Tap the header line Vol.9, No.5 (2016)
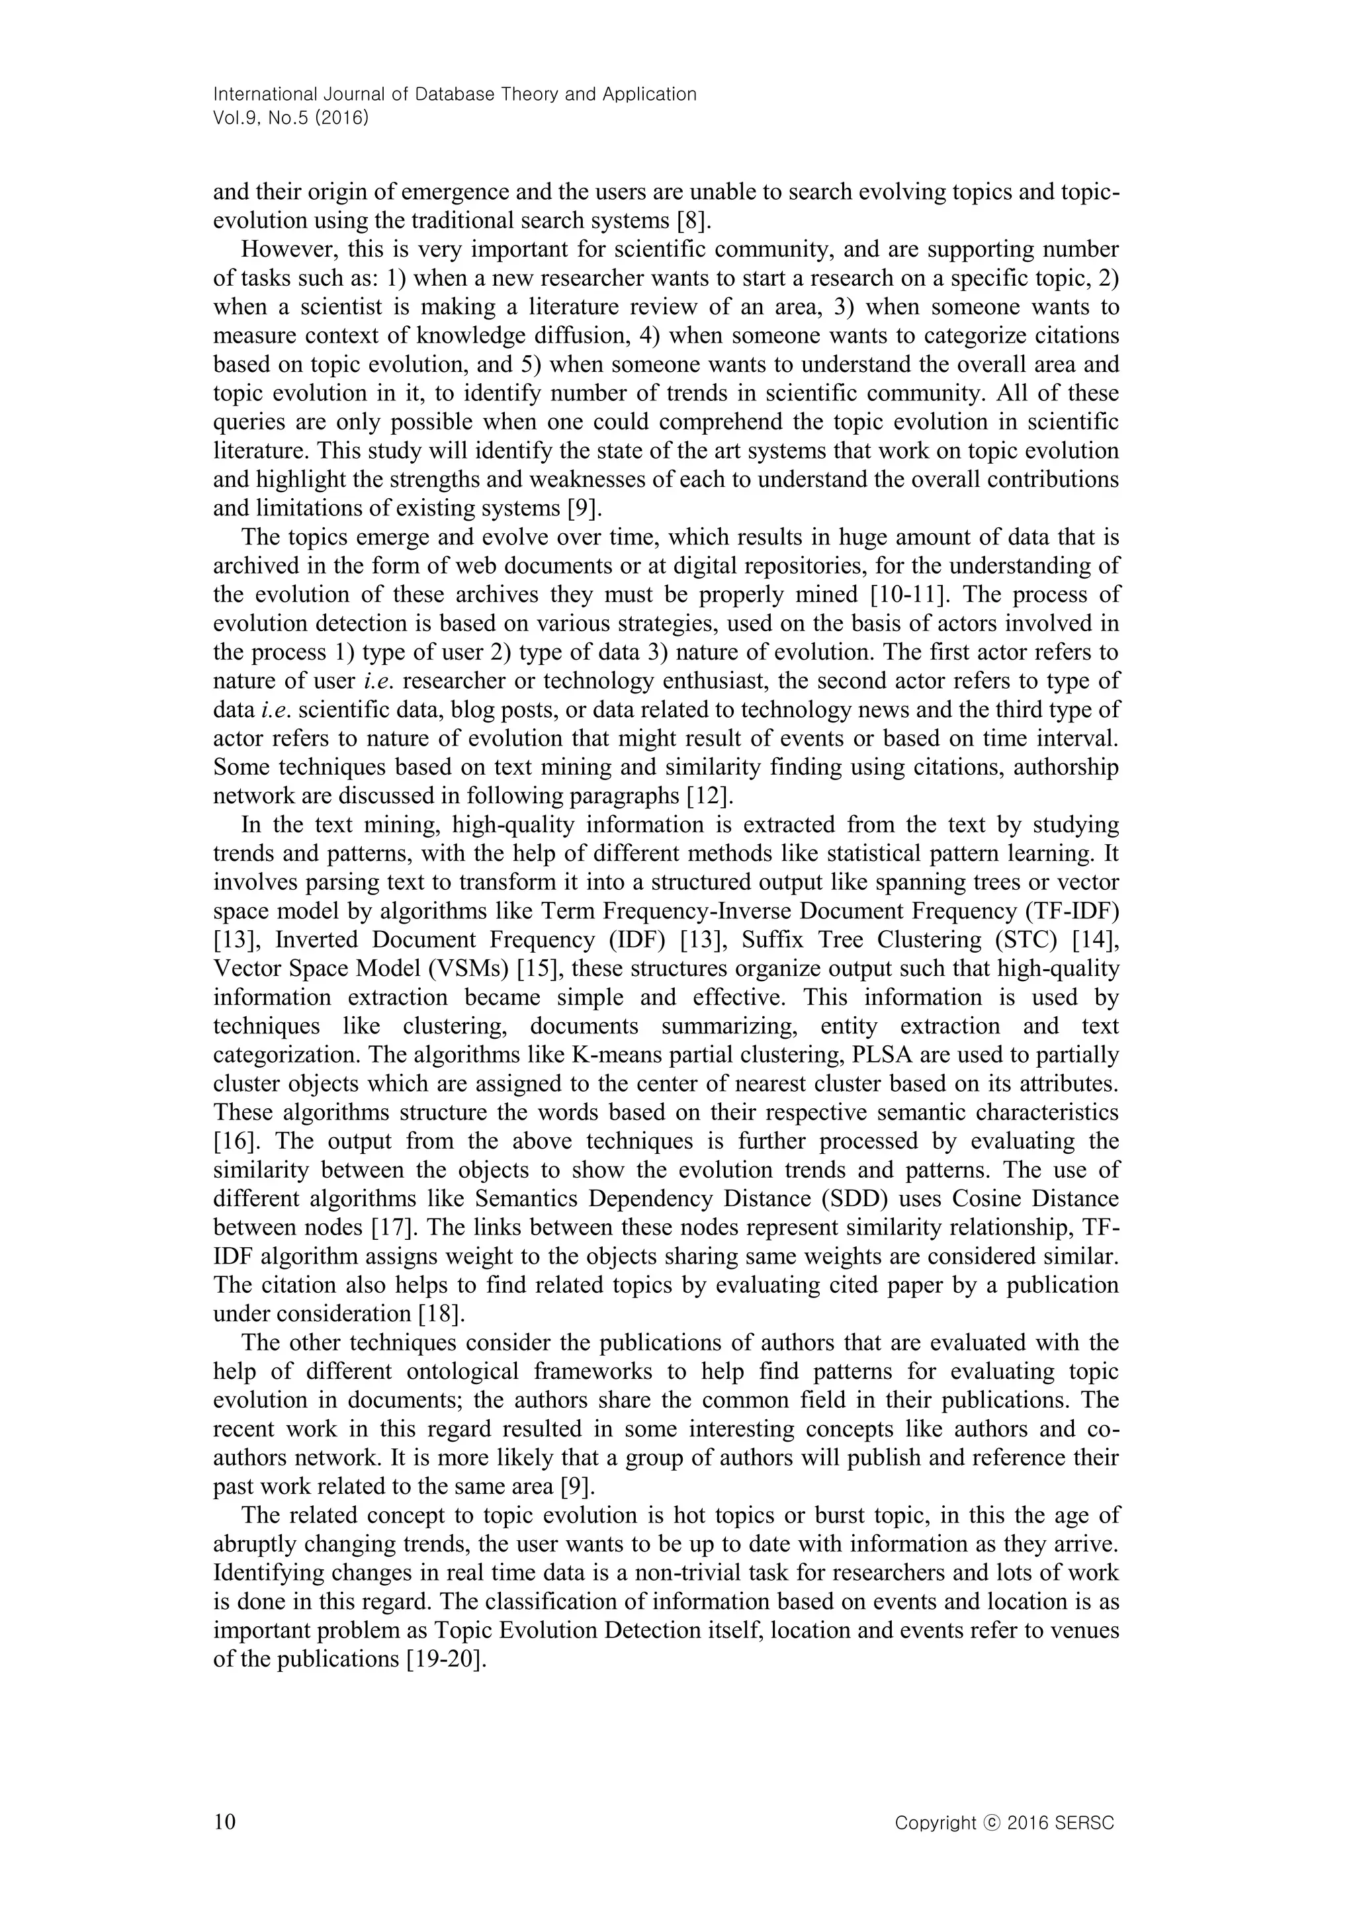tap(291, 118)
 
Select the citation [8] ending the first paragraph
tap(691, 221)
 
